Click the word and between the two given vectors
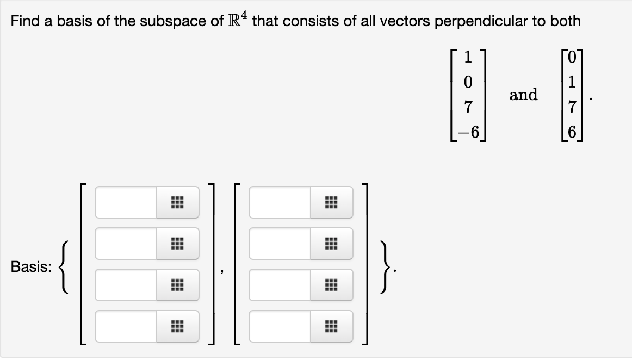coord(523,95)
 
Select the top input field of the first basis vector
coord(126,203)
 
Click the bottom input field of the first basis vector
coord(126,326)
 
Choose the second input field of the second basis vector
coord(280,244)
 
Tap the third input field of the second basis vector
coord(280,285)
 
